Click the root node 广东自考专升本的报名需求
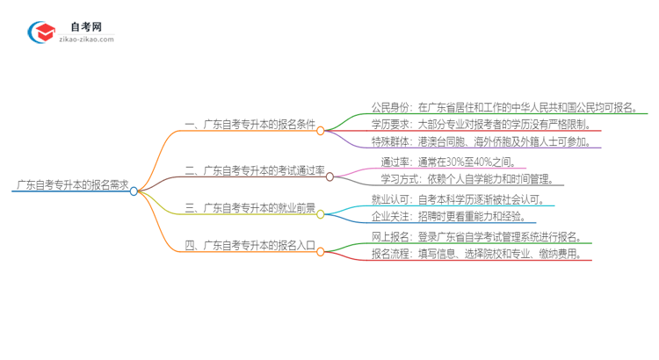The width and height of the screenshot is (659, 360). pos(72,185)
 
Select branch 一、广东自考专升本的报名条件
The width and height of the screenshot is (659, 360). pos(248,126)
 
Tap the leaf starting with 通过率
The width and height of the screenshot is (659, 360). pos(452,162)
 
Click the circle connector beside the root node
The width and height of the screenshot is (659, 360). pos(134,190)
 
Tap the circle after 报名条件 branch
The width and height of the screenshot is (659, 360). pos(321,131)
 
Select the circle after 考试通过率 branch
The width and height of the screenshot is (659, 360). pos(329,176)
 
